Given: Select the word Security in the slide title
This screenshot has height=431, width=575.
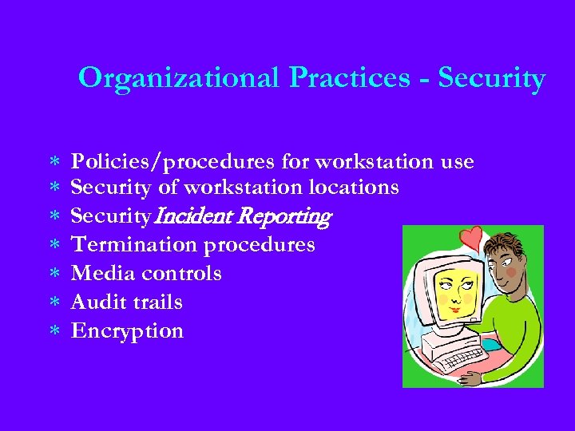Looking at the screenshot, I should [492, 78].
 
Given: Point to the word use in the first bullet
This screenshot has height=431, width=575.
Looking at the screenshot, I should [457, 162].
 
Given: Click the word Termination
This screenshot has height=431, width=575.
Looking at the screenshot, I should [137, 244].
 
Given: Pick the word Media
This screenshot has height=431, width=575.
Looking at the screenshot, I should [102, 273].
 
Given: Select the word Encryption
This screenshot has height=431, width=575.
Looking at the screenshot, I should [127, 330].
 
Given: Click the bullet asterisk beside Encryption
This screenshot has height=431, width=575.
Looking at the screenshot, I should [55, 331].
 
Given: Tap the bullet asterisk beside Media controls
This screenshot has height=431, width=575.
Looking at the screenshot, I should [55, 274].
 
